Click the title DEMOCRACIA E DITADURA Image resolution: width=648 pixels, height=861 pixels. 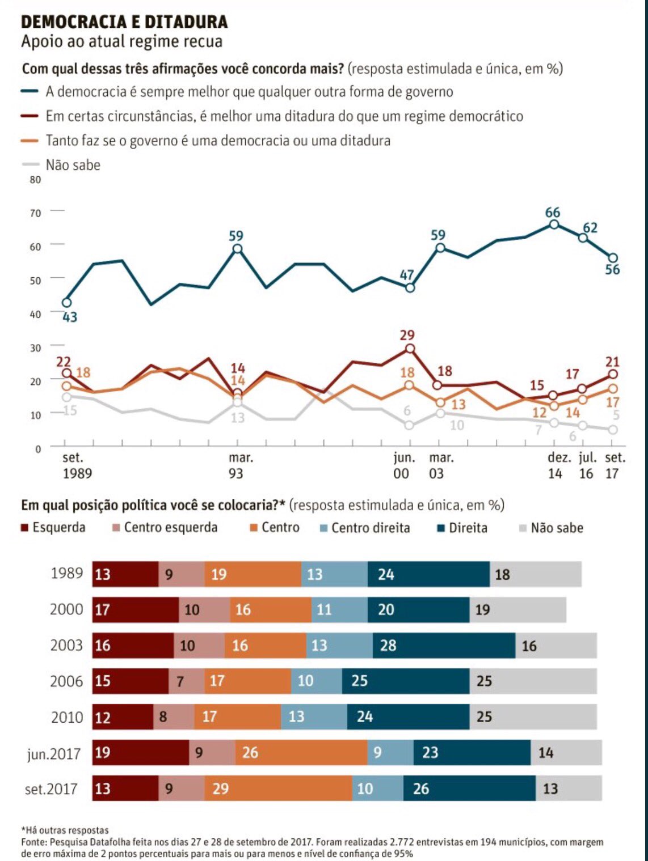coord(124,22)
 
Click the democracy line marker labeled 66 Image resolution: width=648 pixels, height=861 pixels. coord(554,224)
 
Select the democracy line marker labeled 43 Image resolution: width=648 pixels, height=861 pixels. coord(67,303)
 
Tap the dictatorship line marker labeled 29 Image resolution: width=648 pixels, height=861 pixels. coord(410,349)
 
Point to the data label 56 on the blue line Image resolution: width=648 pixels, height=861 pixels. coord(612,270)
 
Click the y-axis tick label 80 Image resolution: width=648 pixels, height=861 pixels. coord(35,180)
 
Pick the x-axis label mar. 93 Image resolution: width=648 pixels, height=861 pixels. coord(240,465)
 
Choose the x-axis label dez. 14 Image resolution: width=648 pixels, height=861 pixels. coord(558,465)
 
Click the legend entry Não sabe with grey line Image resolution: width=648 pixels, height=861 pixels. coord(73,165)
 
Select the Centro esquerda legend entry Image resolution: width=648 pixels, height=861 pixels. coord(170,528)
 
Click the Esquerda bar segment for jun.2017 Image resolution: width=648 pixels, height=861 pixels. coord(140,752)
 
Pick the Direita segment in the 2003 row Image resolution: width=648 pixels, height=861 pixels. coord(444,646)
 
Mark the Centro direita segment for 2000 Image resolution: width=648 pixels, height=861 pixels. coord(339,610)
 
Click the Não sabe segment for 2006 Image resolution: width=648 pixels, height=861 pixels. coord(533,681)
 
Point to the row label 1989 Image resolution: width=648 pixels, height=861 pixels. coord(66,574)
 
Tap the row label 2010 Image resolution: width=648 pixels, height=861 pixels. coord(67,717)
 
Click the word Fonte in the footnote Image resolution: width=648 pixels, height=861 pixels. coord(33,842)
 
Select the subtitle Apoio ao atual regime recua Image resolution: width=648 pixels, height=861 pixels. coord(121,42)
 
